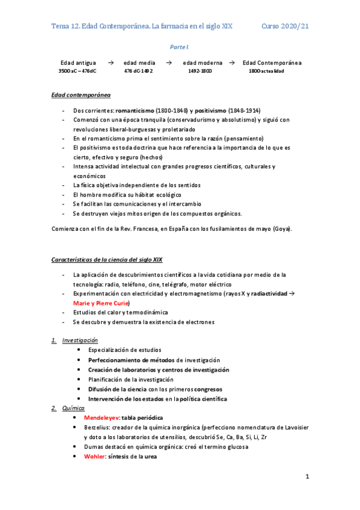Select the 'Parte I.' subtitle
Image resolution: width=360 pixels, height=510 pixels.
(180, 47)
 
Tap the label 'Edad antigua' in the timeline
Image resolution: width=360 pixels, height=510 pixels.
(78, 63)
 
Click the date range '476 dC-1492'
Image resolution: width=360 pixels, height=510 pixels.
(138, 71)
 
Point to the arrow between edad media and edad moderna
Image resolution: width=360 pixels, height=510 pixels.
(169, 63)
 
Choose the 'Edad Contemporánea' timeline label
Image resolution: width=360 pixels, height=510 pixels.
(272, 63)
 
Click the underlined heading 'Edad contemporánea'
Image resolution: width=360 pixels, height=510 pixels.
(81, 95)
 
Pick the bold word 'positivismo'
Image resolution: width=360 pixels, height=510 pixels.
(210, 111)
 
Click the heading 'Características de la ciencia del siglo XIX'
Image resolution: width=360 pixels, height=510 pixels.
(106, 259)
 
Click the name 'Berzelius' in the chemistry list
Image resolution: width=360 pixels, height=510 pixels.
(101, 427)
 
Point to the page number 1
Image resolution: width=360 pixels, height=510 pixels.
(307, 478)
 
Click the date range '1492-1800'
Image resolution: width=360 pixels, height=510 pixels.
(200, 71)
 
